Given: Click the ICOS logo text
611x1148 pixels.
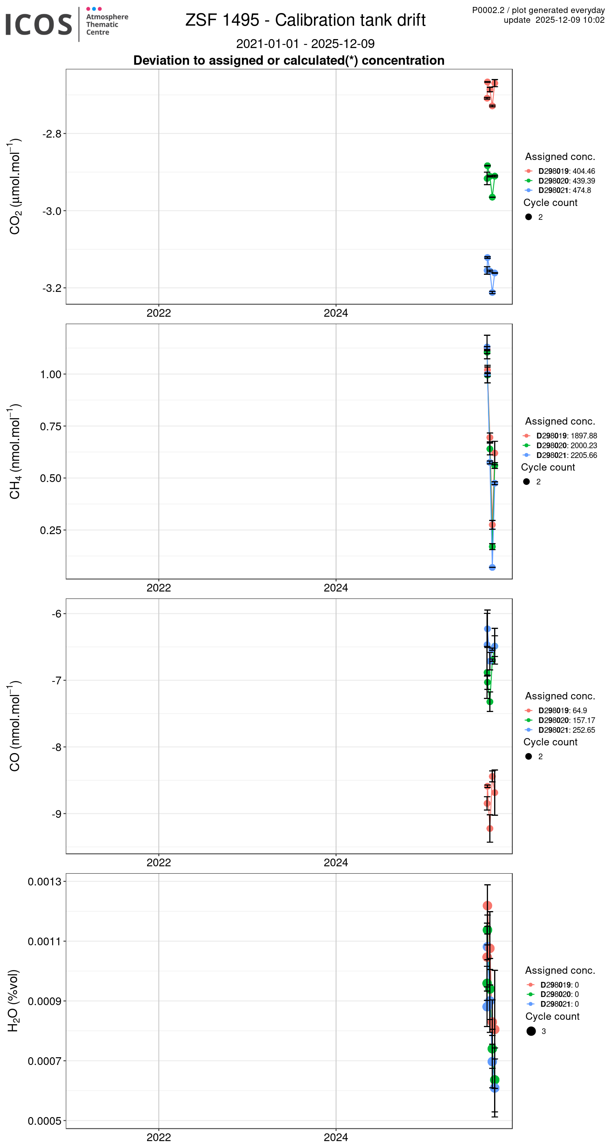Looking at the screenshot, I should pos(39,24).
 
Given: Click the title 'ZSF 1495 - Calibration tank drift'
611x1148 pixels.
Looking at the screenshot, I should pos(305,20).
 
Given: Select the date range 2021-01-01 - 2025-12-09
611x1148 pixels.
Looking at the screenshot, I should pos(305,44).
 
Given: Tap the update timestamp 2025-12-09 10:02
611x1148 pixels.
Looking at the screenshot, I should pos(569,20).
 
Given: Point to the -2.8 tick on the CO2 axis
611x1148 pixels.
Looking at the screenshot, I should pos(52,134).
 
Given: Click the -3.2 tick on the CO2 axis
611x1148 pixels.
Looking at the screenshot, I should pos(52,288).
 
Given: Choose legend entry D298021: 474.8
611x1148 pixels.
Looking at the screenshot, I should pos(564,190).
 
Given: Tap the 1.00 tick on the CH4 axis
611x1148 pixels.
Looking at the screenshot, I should pos(51,375).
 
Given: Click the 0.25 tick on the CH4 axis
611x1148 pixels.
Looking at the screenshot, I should pos(51,530).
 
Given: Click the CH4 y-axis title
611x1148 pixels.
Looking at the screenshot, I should pos(15,451).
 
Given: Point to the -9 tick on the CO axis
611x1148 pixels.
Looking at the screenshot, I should pos(56,814).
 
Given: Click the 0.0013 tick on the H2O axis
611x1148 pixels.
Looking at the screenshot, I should pos(44,881).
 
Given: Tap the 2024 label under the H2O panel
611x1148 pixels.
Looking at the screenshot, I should pos(335,1137).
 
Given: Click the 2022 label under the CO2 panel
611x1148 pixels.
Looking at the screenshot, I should pos(158,313).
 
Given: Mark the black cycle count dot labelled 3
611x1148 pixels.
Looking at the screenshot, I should pos(531,1031).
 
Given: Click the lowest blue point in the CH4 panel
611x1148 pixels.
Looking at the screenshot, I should pos(492,567).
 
